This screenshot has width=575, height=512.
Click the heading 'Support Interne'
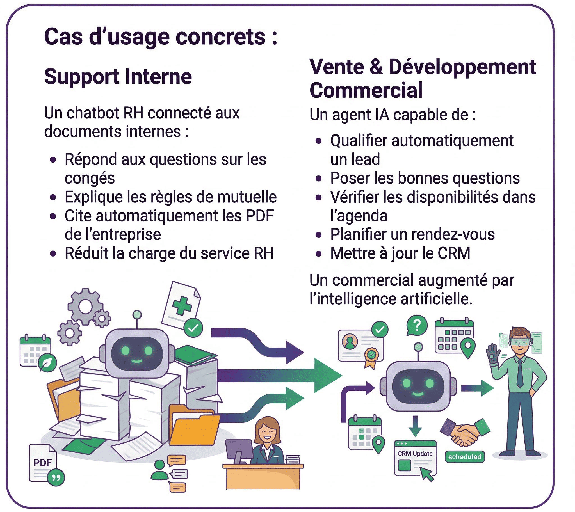tap(118, 77)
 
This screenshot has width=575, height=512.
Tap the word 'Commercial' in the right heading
tap(366, 90)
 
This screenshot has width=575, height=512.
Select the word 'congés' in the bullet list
tap(90, 178)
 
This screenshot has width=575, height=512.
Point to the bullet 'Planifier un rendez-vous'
tap(412, 234)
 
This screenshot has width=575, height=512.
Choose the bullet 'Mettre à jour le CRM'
tap(400, 253)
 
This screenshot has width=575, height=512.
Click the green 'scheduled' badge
tap(464, 457)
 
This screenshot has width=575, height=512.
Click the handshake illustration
tap(465, 432)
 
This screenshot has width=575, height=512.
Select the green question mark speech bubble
tap(417, 326)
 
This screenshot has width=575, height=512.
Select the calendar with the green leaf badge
tap(36, 352)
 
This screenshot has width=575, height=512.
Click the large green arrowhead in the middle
tap(326, 376)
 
